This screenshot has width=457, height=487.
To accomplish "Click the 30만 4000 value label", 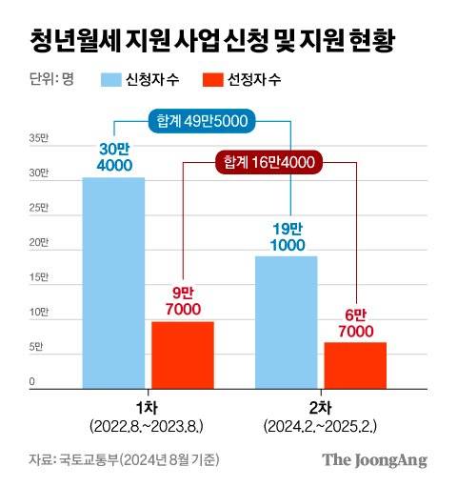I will coord(113,158).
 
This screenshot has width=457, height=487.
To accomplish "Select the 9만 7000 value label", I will coord(182,302).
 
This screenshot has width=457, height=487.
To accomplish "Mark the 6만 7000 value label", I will coord(355,322).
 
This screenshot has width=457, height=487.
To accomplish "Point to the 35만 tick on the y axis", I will coord(37,139).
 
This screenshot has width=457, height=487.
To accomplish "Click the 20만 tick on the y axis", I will coord(37,243).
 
